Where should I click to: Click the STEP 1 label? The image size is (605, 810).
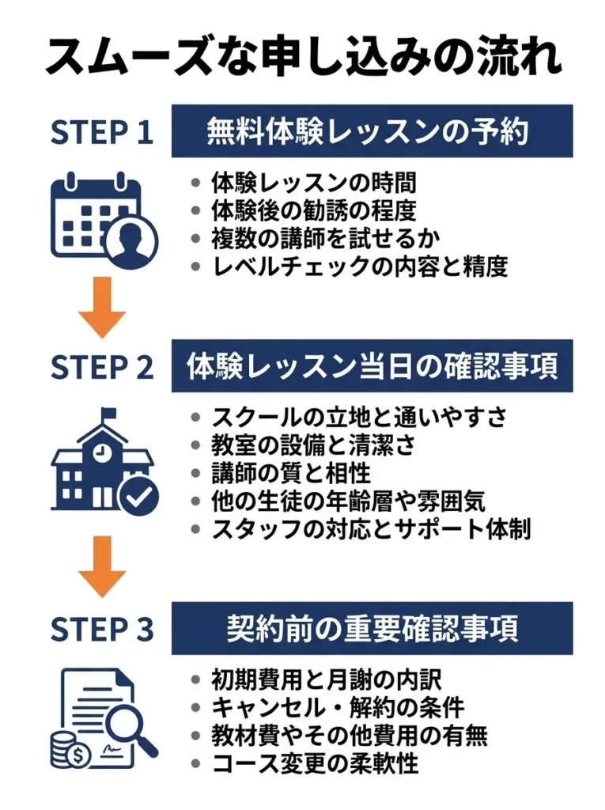101,133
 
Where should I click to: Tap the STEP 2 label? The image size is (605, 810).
101,365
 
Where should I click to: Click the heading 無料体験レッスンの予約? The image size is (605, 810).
372,131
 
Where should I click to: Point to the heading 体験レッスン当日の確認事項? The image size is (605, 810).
372,365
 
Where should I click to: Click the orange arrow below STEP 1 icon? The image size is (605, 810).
101,308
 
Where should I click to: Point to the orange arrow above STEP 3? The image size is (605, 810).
101,566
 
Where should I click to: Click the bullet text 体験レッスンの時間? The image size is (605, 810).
313,183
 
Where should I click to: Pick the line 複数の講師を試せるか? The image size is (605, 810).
325,238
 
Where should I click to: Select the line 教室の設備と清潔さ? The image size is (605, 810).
313,445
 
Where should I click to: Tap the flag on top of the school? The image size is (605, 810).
108,414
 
